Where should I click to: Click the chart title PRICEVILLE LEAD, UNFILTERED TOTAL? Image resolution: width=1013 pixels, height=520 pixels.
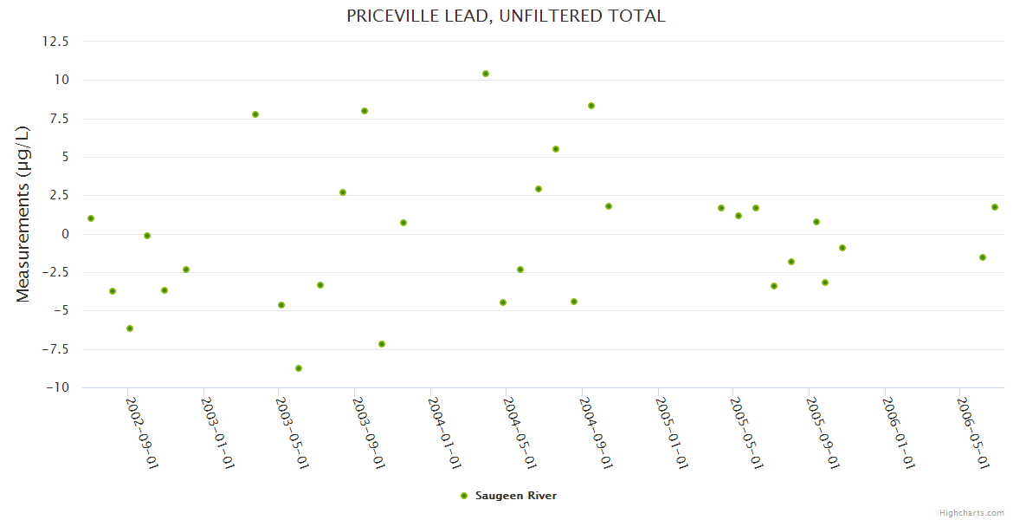506,16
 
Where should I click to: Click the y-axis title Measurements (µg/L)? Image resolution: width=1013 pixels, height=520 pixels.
23,214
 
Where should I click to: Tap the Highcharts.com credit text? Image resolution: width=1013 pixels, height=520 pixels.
971,512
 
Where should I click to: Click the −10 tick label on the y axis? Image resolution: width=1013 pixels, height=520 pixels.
57,387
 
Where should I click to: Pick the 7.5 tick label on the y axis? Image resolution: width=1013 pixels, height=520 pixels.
59,118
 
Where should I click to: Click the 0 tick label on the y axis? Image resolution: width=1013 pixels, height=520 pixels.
65,234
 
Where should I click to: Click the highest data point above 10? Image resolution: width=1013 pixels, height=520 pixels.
486,74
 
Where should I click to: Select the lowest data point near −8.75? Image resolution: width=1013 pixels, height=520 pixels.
299,368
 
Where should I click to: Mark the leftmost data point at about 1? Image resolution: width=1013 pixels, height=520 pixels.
91,218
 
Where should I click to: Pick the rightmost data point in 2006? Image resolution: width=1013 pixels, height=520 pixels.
995,207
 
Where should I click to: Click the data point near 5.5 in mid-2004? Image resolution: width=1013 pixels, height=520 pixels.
556,149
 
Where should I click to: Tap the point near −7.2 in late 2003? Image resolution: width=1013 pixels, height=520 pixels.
382,344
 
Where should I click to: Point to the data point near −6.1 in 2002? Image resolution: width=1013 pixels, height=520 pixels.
130,328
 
